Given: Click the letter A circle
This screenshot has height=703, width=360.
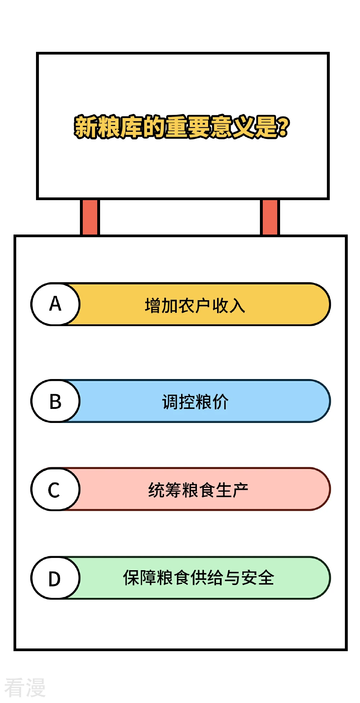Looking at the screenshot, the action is (x=55, y=304).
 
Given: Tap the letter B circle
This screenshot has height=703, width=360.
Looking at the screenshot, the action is (x=55, y=401).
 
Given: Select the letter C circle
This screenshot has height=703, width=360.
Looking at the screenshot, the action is (x=55, y=489).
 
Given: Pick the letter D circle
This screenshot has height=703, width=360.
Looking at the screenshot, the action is (x=55, y=578).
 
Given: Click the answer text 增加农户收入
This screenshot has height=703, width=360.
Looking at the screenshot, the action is (x=195, y=306).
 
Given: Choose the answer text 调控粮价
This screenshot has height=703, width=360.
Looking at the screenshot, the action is (x=195, y=402).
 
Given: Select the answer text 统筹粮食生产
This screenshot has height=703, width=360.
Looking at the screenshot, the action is (x=198, y=490).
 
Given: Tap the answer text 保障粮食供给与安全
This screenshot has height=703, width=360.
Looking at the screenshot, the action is (x=199, y=578).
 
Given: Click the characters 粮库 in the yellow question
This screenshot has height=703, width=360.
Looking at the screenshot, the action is (x=120, y=127).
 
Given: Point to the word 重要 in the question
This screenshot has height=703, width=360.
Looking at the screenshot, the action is (x=188, y=127).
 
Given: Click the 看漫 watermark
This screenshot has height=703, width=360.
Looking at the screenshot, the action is (x=25, y=688).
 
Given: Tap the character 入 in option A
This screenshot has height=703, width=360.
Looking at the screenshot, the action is (x=237, y=306).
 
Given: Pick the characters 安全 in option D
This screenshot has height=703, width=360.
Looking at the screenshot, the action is (x=258, y=578).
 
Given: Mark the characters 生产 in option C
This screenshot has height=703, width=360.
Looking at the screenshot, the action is (x=232, y=490).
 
